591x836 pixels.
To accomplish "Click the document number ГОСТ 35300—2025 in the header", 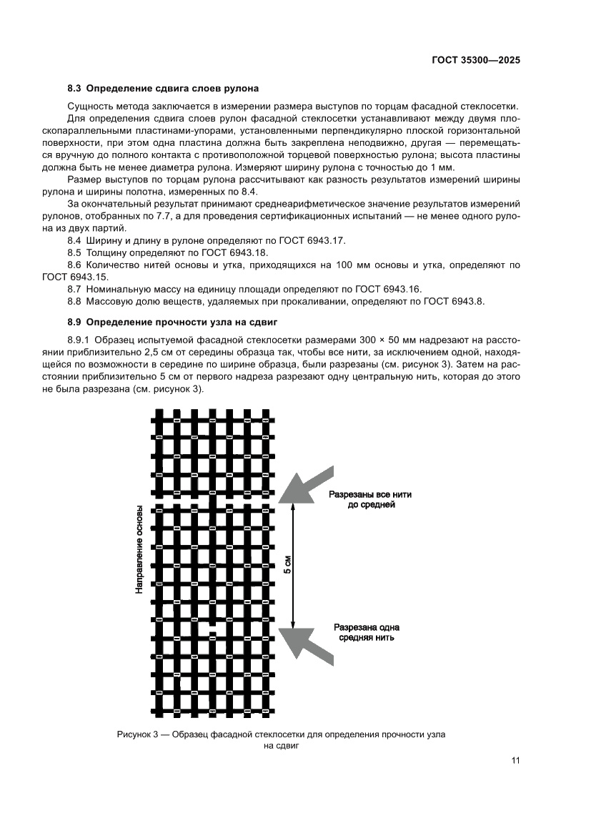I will (475, 61).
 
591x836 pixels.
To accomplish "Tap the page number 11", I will (515, 760).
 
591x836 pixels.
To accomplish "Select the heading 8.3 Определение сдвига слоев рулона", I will (163, 89).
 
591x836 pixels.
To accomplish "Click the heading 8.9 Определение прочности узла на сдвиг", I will (172, 322).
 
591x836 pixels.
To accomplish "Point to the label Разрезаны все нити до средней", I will (369, 499).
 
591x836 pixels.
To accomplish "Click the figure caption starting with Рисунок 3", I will (284, 739).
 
